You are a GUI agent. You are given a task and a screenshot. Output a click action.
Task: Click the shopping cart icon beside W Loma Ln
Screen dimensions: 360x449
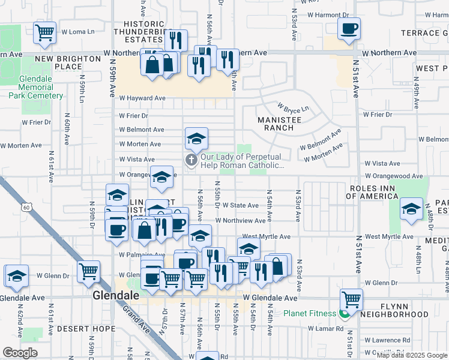(x=46, y=32)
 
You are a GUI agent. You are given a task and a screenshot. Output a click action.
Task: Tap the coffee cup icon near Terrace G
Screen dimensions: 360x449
(x=349, y=28)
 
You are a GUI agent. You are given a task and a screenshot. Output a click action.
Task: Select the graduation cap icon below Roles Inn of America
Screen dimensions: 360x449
(x=411, y=209)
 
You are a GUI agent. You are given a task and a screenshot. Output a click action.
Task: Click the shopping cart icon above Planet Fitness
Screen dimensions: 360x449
(x=351, y=299)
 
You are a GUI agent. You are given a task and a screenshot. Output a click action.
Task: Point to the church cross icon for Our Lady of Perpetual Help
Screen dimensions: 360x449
(x=191, y=160)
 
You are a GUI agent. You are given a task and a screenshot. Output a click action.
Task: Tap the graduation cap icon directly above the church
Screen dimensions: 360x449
(x=196, y=140)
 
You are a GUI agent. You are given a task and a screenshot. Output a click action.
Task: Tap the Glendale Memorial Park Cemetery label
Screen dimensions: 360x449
(x=44, y=87)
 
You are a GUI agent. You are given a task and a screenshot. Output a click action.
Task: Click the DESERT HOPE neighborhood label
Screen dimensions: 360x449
(x=87, y=329)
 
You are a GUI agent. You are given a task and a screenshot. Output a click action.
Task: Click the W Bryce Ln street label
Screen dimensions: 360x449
(x=292, y=108)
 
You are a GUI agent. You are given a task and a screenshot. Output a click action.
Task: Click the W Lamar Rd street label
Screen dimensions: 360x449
(x=326, y=328)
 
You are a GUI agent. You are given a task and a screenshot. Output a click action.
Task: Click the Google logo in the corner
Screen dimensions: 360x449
(x=20, y=353)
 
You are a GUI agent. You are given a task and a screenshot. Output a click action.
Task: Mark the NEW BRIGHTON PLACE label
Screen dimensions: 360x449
(x=67, y=63)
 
